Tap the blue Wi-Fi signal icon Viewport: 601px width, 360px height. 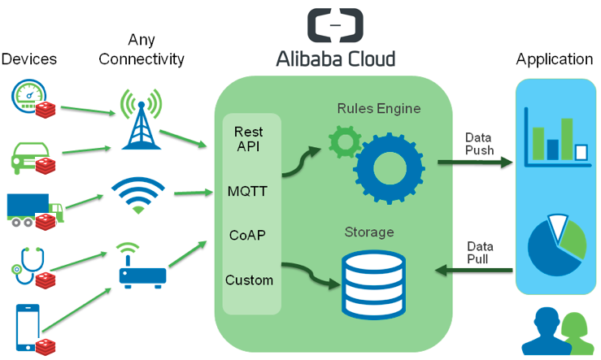(138, 194)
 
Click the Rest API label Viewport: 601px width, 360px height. (248, 138)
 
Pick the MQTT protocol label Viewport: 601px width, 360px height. (247, 192)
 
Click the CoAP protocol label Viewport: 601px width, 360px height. (247, 236)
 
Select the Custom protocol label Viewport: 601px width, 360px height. (249, 280)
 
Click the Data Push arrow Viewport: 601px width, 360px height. (476, 162)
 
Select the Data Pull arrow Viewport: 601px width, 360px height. (475, 270)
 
